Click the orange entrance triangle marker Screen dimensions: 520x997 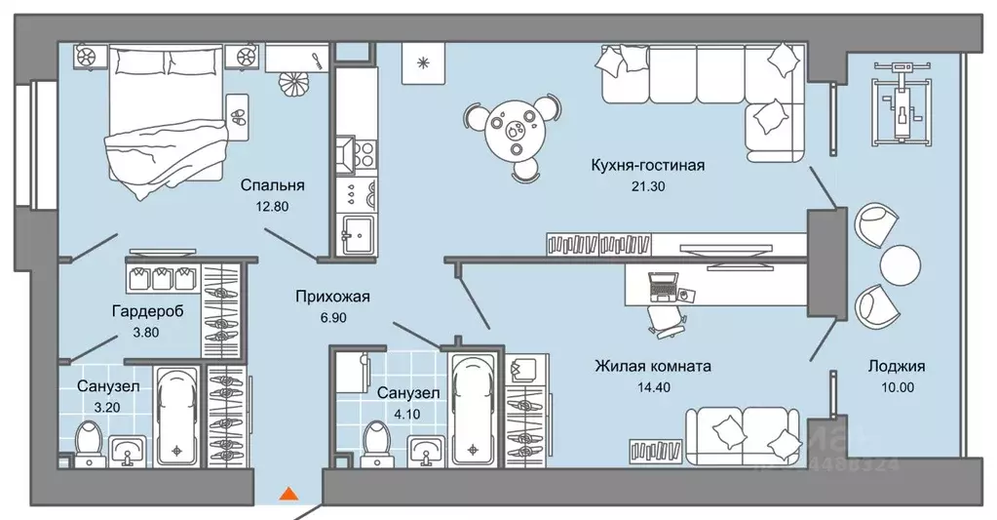point(288,495)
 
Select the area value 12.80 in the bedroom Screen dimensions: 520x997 point(273,206)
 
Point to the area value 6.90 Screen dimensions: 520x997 point(332,318)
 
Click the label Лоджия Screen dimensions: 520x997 point(898,367)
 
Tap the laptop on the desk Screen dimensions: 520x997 point(664,286)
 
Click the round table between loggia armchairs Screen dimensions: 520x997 point(900,264)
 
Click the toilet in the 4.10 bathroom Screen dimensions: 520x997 point(372,441)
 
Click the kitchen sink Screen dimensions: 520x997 point(356,235)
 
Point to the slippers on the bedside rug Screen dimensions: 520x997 point(237,113)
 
